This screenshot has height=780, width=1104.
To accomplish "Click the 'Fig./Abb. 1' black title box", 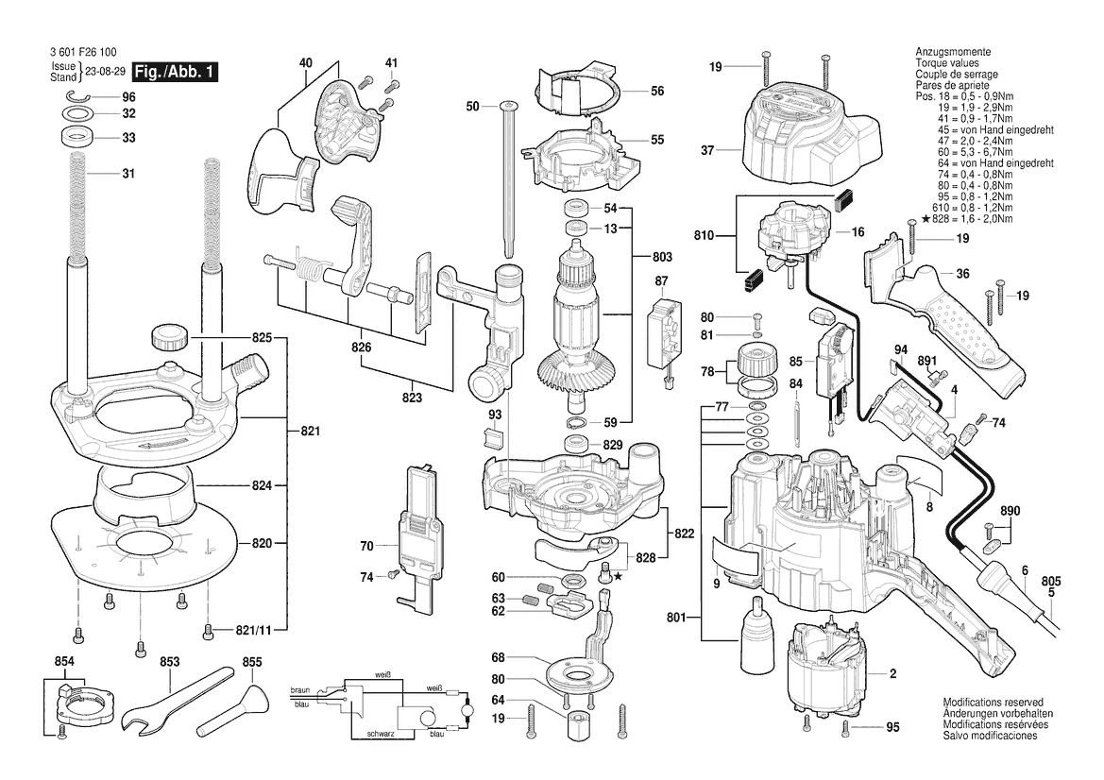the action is (x=176, y=72).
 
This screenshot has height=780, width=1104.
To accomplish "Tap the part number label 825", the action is (x=262, y=338).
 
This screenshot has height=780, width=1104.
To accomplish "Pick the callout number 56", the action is (x=657, y=91).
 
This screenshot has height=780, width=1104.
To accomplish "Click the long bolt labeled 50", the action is (x=508, y=181).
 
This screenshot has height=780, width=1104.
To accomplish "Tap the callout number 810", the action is (x=705, y=236).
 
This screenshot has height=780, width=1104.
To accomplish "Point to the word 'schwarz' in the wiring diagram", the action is (x=381, y=735).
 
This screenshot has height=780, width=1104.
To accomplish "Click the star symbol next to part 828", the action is (x=619, y=577).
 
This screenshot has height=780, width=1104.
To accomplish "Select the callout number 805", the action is (x=1050, y=582).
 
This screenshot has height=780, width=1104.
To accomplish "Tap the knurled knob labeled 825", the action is (x=169, y=335).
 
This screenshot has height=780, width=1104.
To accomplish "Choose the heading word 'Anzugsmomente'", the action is (x=953, y=52).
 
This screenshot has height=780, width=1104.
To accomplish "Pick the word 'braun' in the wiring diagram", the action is (x=300, y=690).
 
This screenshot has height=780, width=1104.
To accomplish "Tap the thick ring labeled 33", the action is (x=77, y=137).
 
